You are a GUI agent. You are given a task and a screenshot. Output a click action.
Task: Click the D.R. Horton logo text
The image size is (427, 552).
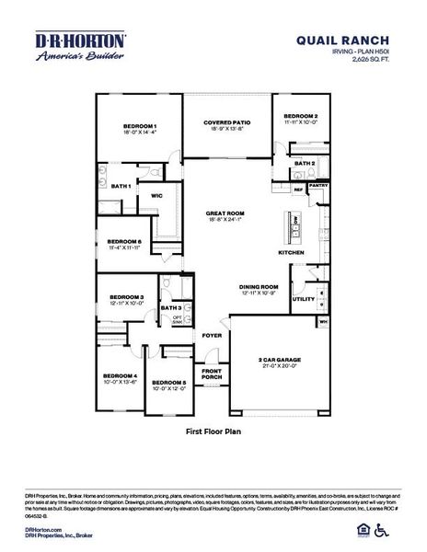pyautogui.click(x=81, y=40)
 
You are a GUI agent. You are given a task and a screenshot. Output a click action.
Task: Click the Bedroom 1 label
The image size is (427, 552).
pyautogui.click(x=140, y=127)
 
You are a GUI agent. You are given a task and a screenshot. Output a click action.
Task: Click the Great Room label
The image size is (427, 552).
pyautogui.click(x=225, y=213)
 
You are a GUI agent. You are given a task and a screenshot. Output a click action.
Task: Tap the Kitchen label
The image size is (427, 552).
pyautogui.click(x=292, y=252)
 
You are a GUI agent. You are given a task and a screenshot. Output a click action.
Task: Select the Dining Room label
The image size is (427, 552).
pyautogui.click(x=259, y=287)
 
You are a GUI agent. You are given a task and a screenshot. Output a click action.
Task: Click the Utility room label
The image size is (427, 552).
pyautogui.click(x=304, y=299)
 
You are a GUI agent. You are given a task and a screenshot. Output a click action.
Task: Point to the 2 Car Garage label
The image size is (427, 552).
pyautogui.click(x=278, y=360)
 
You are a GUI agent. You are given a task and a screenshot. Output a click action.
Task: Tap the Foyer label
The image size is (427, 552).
pyautogui.click(x=212, y=335)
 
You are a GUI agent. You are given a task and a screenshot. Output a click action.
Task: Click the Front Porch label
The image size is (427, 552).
pyautogui.click(x=212, y=374)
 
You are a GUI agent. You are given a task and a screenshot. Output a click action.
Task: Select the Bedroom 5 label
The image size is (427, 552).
pyautogui.click(x=169, y=382)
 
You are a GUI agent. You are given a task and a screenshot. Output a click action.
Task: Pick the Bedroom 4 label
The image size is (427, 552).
pyautogui.click(x=120, y=376)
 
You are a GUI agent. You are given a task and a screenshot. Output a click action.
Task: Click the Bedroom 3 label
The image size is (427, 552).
pyautogui.click(x=127, y=297)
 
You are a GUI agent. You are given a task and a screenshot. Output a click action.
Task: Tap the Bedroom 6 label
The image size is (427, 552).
pyautogui.click(x=123, y=242)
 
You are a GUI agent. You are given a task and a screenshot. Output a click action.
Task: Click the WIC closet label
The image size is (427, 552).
pyautogui.click(x=156, y=195)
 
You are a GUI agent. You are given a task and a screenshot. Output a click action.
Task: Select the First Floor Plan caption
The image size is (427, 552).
pyautogui.click(x=213, y=431)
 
